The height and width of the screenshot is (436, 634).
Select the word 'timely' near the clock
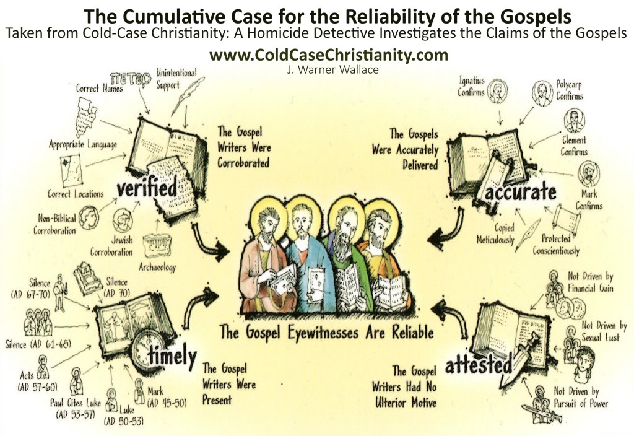[x=172, y=356]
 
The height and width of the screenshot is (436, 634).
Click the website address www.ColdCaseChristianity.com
[x=328, y=55]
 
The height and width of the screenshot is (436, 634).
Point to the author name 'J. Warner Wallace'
[x=328, y=69]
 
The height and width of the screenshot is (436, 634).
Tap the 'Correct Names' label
[x=99, y=89]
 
